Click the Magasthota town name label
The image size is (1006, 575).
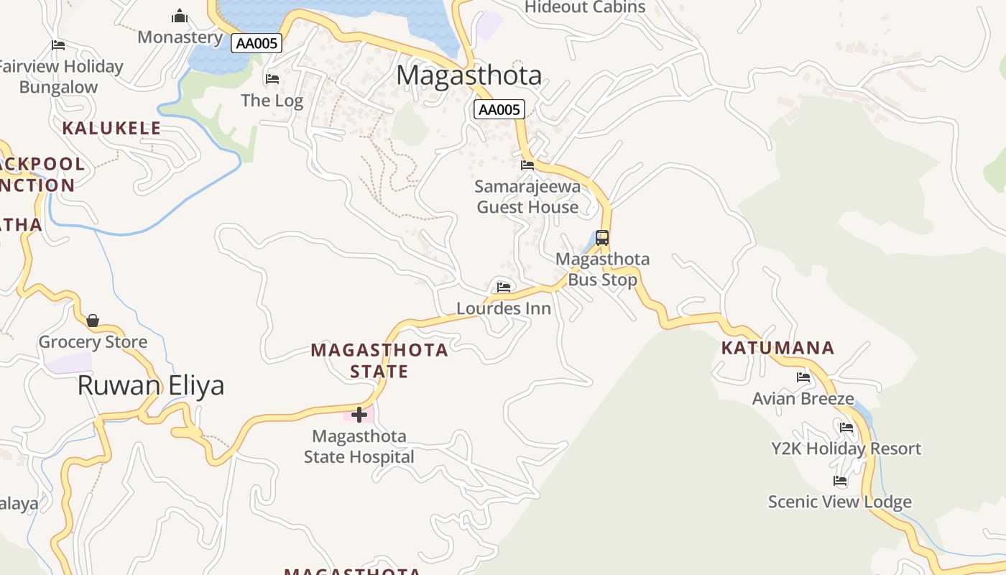[x=469, y=75]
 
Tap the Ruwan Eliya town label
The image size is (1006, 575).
[x=151, y=386]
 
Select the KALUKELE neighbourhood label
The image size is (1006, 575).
[x=111, y=129]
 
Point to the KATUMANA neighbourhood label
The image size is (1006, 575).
[x=777, y=349]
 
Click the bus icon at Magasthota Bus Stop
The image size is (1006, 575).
[x=602, y=238]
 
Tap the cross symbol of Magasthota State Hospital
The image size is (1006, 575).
[x=359, y=414]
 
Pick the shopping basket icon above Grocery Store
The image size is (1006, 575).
[x=93, y=321]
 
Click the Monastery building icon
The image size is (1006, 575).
[x=180, y=16]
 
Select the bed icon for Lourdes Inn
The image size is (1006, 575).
[x=504, y=287]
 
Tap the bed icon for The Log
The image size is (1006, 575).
[x=272, y=79]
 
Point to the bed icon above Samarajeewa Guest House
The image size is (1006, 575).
[x=527, y=165]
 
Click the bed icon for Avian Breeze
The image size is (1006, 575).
[x=803, y=377]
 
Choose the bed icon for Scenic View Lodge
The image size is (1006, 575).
[x=840, y=481]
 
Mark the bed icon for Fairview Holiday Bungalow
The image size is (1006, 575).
[x=59, y=45]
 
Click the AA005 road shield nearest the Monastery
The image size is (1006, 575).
[x=257, y=43]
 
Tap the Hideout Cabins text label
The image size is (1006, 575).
[x=585, y=8]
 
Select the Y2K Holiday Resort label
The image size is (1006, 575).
[x=846, y=448]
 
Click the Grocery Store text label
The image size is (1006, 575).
[x=93, y=342]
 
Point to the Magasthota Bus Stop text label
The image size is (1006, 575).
[x=603, y=270]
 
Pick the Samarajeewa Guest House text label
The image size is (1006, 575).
[x=527, y=197]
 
